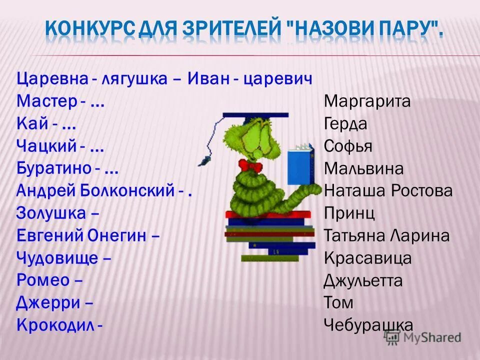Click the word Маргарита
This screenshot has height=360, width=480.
click(367, 101)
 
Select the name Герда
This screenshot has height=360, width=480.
click(345, 124)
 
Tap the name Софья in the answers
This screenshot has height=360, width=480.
click(348, 146)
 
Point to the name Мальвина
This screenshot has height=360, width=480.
click(363, 168)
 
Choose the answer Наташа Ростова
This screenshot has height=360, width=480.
click(388, 190)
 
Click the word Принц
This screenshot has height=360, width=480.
click(349, 213)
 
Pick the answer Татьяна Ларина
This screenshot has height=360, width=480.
click(386, 235)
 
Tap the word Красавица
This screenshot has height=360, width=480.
click(367, 258)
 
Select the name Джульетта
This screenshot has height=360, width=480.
click(362, 280)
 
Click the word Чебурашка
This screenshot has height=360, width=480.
click(368, 324)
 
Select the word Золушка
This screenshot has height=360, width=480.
click(51, 213)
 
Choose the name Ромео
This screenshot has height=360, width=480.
click(42, 280)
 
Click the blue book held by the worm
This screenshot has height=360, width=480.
click(300, 164)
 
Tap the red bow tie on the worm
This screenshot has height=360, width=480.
click(250, 165)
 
